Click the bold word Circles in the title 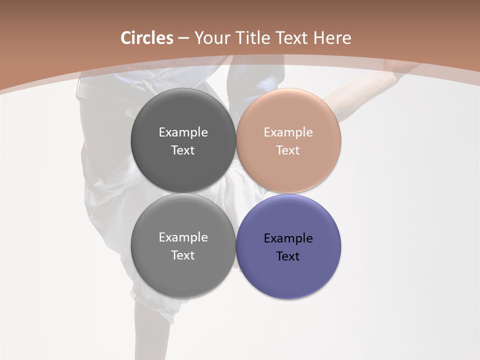146,38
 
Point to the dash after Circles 183,38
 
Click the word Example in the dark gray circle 183,132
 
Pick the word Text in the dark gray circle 183,150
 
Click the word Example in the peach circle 288,132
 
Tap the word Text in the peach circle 288,150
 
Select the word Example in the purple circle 288,238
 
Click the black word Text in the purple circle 288,256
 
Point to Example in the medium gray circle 183,237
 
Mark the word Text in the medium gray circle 183,255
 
